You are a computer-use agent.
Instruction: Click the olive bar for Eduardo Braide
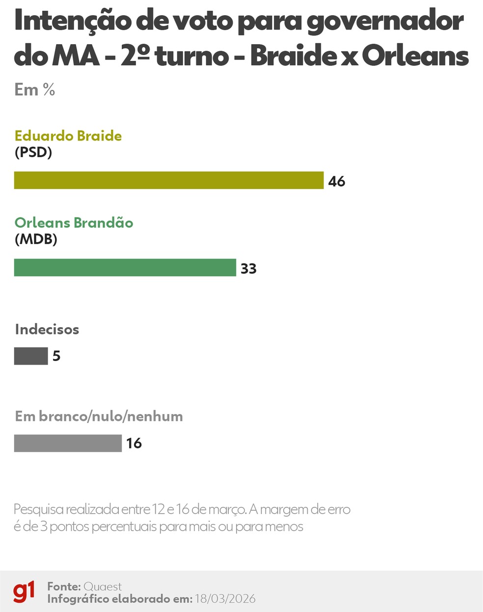point(169,180)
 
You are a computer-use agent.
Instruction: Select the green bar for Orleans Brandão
point(125,268)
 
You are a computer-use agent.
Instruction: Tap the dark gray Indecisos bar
point(31,356)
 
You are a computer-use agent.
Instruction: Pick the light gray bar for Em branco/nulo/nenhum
point(68,443)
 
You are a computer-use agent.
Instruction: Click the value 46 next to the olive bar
point(337,181)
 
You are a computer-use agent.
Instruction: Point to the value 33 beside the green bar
point(248,269)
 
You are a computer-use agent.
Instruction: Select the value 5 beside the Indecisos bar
point(56,356)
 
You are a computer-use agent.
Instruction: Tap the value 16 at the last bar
point(134,444)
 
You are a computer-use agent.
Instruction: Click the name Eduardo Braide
point(68,136)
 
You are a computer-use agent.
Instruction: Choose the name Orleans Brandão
point(74,223)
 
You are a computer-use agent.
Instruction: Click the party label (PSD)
point(33,152)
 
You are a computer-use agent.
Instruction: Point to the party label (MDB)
point(36,239)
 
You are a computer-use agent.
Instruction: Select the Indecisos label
point(47,329)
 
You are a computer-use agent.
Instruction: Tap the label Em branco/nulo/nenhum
point(99,416)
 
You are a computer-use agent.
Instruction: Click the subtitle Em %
point(35,89)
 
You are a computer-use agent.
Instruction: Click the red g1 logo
point(24,591)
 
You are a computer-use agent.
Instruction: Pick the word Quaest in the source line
point(103,586)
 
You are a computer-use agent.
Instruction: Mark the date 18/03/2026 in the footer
point(225,599)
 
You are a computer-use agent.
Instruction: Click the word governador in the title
point(385,22)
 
